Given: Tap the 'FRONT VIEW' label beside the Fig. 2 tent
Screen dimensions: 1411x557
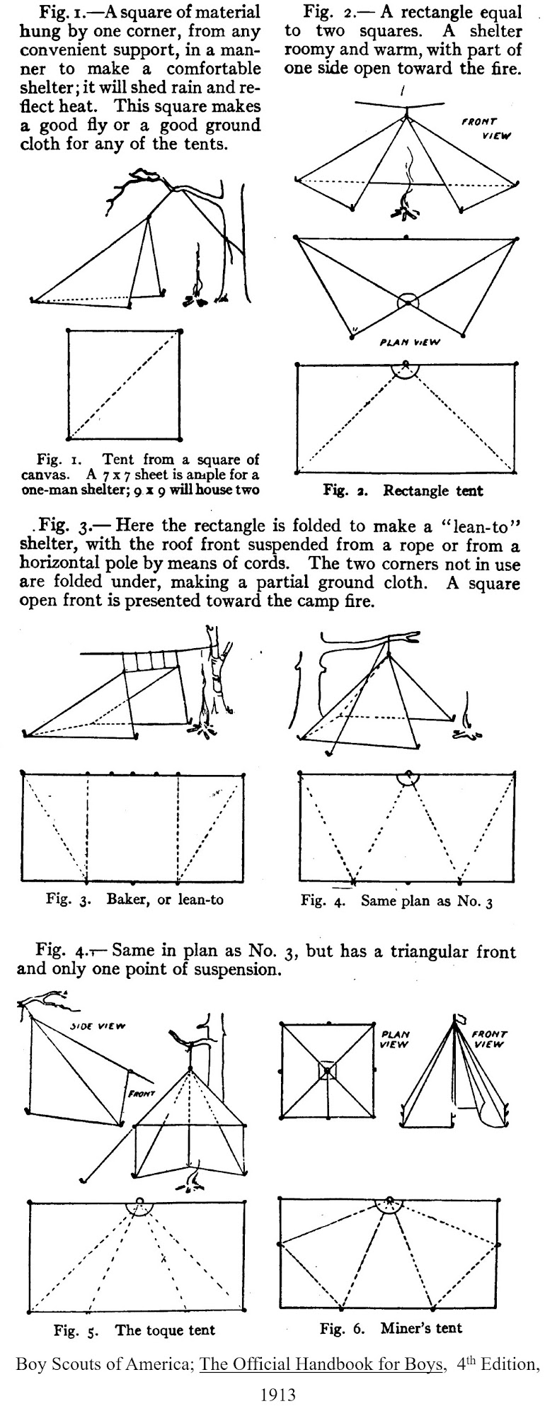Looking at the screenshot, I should click(x=481, y=128).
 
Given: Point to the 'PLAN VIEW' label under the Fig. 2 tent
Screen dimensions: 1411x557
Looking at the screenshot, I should click(x=410, y=342).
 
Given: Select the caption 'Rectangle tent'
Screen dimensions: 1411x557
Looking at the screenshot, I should click(x=433, y=490).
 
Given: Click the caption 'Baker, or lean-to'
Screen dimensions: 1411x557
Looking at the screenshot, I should click(x=165, y=900).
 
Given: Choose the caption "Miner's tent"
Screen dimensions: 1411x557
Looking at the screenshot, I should click(x=420, y=1327).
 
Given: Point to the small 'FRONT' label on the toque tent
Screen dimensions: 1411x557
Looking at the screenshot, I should click(x=142, y=1094).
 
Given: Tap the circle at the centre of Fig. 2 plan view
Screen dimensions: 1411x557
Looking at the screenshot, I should click(x=407, y=302).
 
